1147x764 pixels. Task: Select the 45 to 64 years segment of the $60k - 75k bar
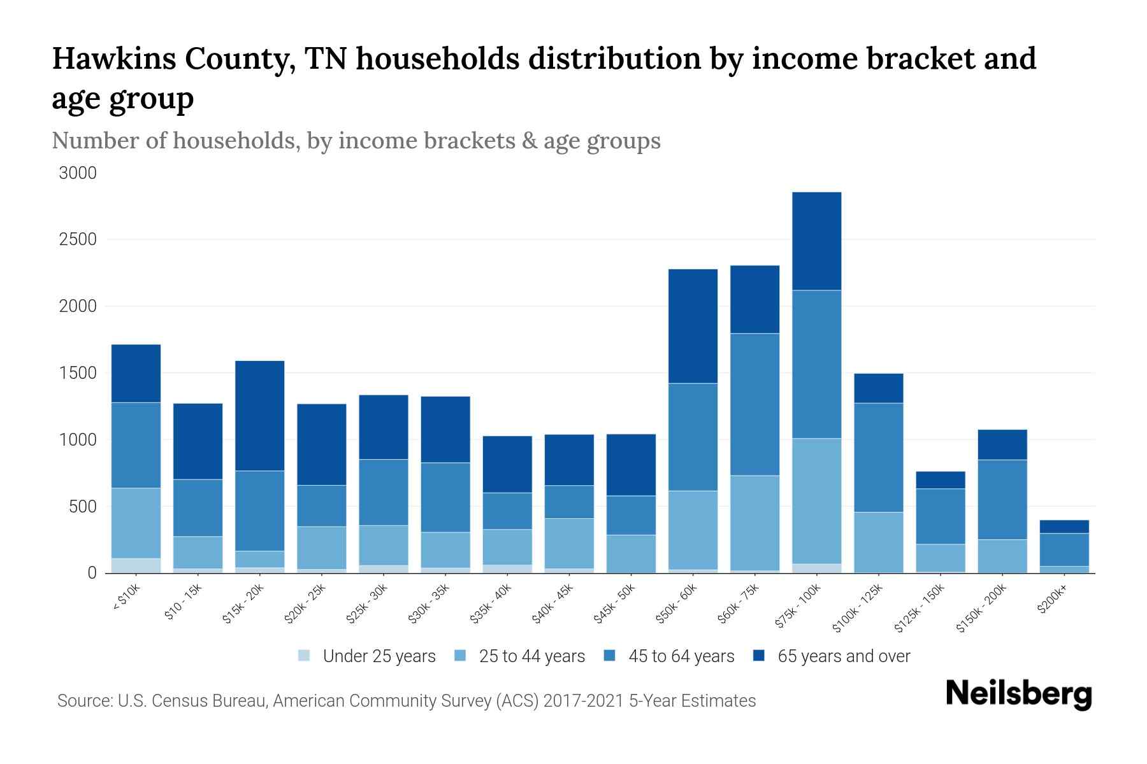point(754,404)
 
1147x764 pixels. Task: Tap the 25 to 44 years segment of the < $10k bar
point(136,523)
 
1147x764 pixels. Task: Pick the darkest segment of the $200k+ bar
point(1064,527)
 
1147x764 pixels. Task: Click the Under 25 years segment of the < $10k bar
point(136,565)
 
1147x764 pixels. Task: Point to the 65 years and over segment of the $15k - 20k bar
point(259,416)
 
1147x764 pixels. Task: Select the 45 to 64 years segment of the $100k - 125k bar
point(878,457)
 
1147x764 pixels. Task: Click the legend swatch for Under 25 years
point(304,656)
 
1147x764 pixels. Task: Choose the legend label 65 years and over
point(844,656)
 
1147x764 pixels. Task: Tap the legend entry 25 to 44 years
point(531,656)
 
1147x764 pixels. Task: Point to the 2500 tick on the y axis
point(78,240)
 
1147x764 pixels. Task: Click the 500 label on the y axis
point(83,507)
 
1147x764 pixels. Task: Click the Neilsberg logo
point(1018,695)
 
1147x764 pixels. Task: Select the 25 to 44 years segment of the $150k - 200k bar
point(1002,556)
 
